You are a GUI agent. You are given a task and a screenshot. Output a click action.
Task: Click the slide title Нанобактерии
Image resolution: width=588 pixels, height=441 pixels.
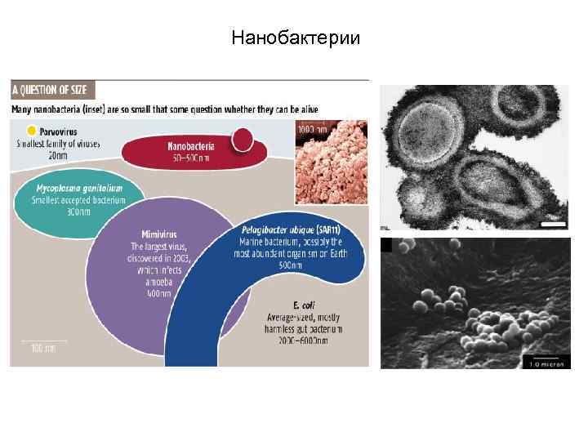click(x=295, y=38)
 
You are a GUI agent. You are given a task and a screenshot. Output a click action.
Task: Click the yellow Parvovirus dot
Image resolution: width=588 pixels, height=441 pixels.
click(x=31, y=130)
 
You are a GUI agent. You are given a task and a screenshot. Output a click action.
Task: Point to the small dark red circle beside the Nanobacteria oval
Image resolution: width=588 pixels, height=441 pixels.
click(x=243, y=139)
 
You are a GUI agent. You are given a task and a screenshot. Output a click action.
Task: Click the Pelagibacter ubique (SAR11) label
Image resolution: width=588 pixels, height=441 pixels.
click(x=292, y=230)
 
